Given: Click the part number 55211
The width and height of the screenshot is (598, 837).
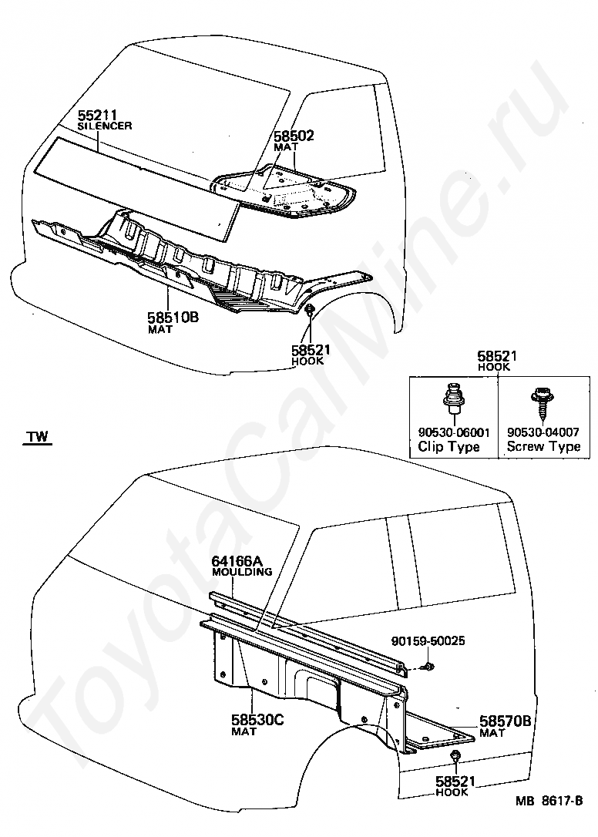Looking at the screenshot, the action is click(x=98, y=116).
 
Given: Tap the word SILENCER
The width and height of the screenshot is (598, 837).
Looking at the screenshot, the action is click(x=105, y=126).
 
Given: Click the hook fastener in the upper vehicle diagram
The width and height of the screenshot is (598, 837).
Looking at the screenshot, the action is click(x=309, y=311).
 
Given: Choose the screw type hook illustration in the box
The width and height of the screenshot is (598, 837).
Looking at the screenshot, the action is click(x=536, y=402).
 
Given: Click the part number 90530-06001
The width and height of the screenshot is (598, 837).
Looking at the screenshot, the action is click(x=454, y=432).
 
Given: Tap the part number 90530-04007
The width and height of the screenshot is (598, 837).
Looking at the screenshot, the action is click(x=543, y=432).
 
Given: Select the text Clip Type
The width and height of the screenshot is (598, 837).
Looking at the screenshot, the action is click(x=448, y=447).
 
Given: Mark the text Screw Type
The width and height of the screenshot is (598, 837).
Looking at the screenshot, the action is click(x=543, y=447).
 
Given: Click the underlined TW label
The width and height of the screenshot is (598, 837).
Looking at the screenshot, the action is click(x=36, y=438).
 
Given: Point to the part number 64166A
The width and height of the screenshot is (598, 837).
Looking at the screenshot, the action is click(x=237, y=562).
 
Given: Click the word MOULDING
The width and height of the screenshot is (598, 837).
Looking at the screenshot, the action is click(x=242, y=572).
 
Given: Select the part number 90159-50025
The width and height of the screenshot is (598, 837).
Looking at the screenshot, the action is click(x=428, y=641).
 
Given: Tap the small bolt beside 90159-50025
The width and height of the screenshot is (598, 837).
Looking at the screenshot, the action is click(x=428, y=664).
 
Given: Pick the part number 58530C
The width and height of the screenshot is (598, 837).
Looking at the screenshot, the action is click(x=257, y=721).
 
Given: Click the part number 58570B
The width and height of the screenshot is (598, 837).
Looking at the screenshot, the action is click(x=506, y=721).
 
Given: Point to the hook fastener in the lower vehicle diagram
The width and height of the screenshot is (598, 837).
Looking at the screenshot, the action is click(x=455, y=755).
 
